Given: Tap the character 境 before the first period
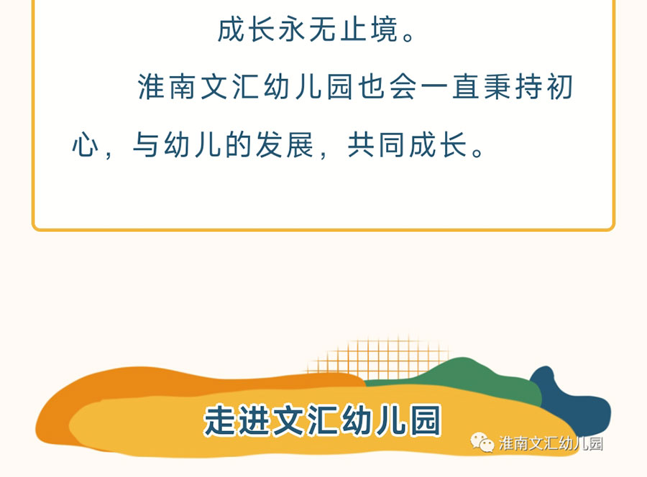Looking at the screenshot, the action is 384,29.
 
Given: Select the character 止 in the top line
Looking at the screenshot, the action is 354,29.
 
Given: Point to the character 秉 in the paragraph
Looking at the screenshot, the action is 497,87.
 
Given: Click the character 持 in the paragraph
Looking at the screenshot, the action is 528,87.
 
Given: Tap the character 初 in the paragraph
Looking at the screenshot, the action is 560,87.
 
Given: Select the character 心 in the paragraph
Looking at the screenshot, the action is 86,145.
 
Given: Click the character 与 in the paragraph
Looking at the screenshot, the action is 146,145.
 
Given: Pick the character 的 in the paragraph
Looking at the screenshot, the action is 239,145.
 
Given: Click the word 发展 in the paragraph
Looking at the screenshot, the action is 285,145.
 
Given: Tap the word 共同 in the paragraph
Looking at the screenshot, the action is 376,145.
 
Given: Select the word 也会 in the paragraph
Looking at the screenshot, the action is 387,87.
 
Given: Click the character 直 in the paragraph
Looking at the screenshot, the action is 466,87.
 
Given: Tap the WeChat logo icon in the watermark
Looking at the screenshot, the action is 482,443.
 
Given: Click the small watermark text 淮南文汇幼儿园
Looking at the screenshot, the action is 551,443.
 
